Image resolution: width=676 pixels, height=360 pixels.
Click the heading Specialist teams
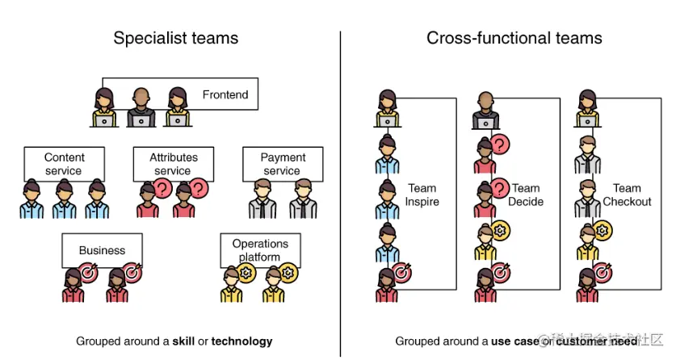(x=175, y=38)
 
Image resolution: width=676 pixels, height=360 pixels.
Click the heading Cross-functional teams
(x=514, y=38)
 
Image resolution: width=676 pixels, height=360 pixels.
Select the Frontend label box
(x=225, y=94)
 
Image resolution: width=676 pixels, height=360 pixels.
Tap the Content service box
(x=65, y=164)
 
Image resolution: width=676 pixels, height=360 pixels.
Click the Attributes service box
(x=174, y=164)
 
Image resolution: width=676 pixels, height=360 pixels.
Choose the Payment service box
(x=283, y=164)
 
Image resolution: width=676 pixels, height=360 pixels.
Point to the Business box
(x=102, y=250)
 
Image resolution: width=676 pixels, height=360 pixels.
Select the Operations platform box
(x=260, y=250)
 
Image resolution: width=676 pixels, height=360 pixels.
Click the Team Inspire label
(x=422, y=195)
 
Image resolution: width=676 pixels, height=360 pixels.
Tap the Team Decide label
(x=526, y=195)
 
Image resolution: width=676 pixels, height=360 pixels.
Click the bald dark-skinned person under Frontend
(x=141, y=107)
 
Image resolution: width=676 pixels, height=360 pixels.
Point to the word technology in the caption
(x=241, y=341)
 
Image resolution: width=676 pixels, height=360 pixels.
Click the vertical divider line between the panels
(x=340, y=194)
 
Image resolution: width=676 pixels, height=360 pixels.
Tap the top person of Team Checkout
(x=587, y=110)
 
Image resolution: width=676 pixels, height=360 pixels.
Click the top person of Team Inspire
(x=387, y=110)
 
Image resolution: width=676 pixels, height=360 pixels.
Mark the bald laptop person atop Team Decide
(x=485, y=110)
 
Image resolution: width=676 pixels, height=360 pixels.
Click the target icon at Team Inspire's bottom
(x=400, y=274)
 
